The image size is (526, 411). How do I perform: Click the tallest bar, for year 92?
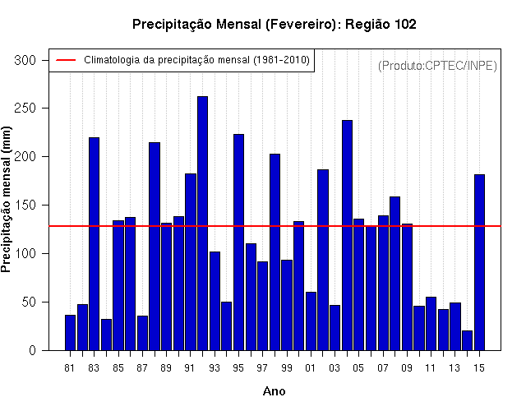[x=202, y=224]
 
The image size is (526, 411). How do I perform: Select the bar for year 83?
[x=94, y=244]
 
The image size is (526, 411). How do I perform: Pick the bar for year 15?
[x=479, y=262]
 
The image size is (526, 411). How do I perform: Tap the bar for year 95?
[x=238, y=242]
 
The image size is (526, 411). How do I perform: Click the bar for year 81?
[x=70, y=333]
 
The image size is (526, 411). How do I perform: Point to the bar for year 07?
[x=383, y=283]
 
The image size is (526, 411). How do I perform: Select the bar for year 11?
[x=431, y=324]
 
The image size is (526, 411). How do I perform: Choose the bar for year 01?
[x=311, y=321]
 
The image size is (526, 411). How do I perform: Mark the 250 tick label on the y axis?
[x=25, y=109]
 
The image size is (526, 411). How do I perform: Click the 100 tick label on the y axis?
[x=25, y=254]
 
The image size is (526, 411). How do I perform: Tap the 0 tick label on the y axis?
[x=32, y=351]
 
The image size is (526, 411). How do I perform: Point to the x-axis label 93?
[x=215, y=368]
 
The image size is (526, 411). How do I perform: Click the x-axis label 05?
[x=358, y=368]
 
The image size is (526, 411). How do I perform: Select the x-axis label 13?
[x=454, y=368]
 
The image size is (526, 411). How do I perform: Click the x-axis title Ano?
[x=274, y=391]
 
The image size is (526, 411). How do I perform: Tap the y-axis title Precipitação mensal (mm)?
[x=6, y=199]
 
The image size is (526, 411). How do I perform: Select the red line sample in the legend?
[x=66, y=60]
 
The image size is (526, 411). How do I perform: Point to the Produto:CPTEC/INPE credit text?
[x=437, y=66]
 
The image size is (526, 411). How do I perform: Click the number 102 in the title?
[x=405, y=24]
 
